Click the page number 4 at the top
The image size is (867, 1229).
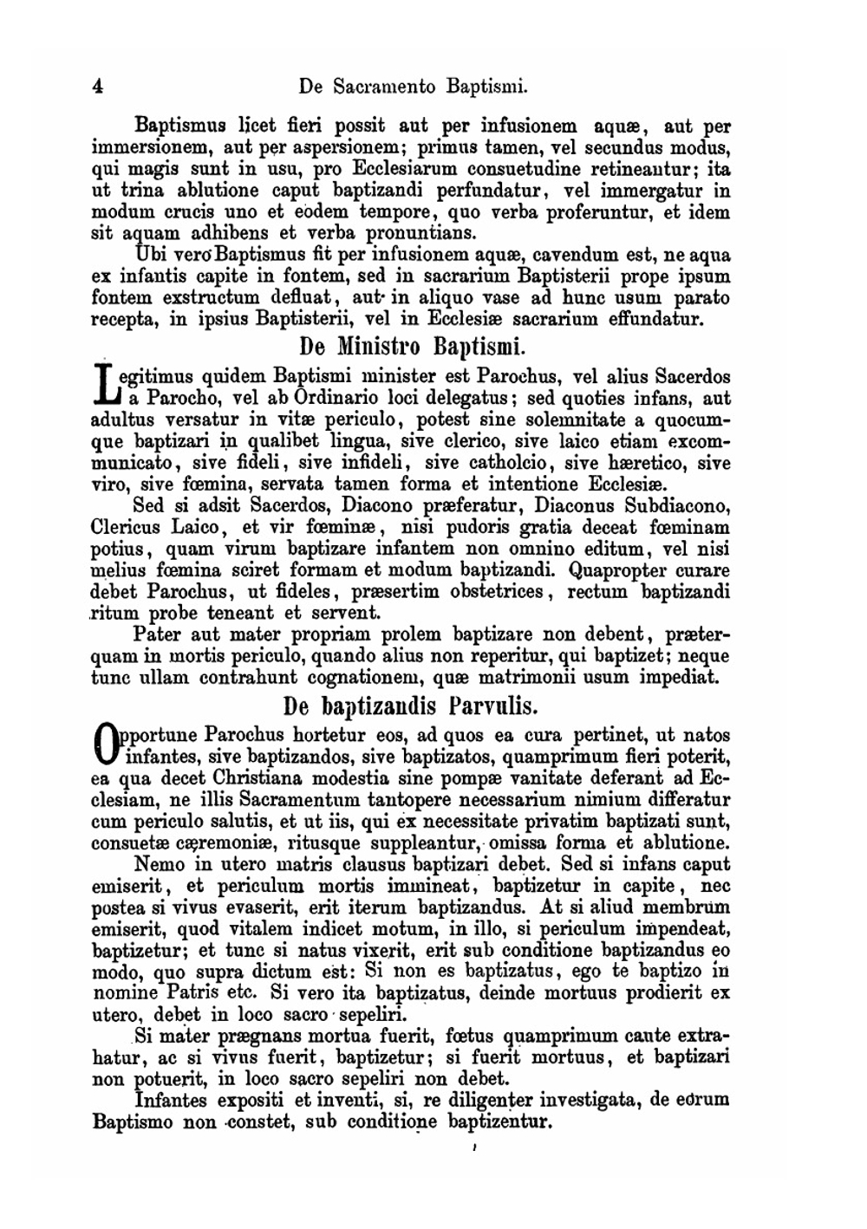[97, 86]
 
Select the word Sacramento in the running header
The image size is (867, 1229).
[380, 86]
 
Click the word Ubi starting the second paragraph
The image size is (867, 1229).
[153, 256]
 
